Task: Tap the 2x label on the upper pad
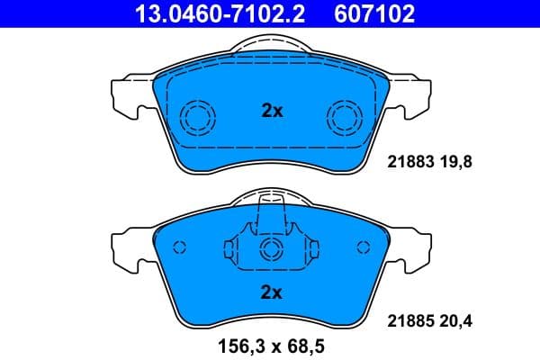(272, 112)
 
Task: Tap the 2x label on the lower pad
(272, 292)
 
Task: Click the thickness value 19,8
(454, 163)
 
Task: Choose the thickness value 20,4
(454, 318)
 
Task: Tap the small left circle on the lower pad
(178, 247)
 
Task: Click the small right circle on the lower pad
(364, 247)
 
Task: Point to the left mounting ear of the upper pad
(127, 95)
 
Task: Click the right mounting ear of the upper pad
(415, 95)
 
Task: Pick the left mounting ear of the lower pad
(127, 247)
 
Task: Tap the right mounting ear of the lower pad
(415, 247)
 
